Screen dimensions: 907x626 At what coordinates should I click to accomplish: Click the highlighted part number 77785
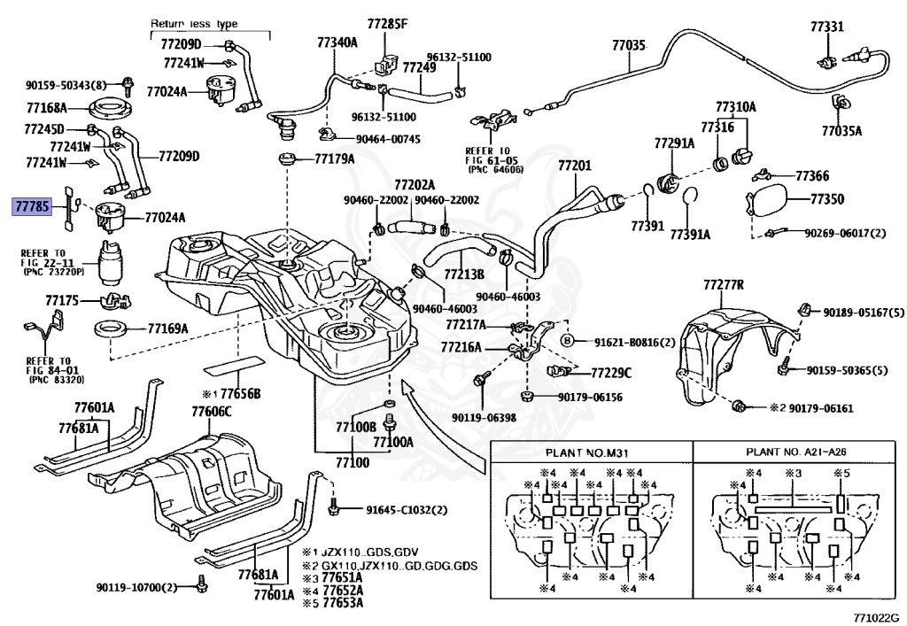point(33,205)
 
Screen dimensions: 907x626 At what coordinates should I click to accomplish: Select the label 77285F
point(387,24)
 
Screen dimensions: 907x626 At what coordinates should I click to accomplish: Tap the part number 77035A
point(841,131)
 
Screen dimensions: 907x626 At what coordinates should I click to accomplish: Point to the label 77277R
point(724,285)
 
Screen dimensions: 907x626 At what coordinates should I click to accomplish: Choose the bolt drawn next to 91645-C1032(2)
point(334,506)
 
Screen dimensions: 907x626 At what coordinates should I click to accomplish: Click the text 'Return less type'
point(194,24)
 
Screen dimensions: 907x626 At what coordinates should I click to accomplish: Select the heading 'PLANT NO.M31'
point(587,452)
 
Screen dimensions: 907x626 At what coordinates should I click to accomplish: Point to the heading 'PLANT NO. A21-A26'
point(796,452)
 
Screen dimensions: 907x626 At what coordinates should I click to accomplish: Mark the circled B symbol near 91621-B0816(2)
point(568,341)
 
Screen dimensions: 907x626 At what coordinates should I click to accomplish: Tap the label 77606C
point(212,412)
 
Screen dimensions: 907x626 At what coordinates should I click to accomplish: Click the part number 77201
point(575,166)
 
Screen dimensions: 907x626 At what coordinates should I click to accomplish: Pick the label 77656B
point(241,394)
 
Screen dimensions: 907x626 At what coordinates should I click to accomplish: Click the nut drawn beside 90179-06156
point(526,397)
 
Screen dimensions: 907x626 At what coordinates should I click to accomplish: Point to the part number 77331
point(827,27)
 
